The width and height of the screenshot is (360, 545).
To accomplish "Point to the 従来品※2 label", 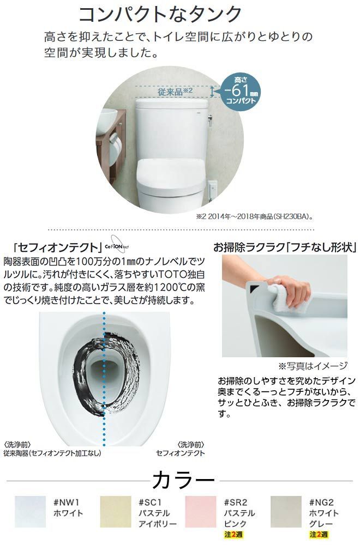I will click(x=176, y=91).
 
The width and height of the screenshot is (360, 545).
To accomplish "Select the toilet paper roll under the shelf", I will click(x=116, y=142).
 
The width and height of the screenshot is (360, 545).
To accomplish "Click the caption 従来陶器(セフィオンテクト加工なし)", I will click(x=52, y=452).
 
